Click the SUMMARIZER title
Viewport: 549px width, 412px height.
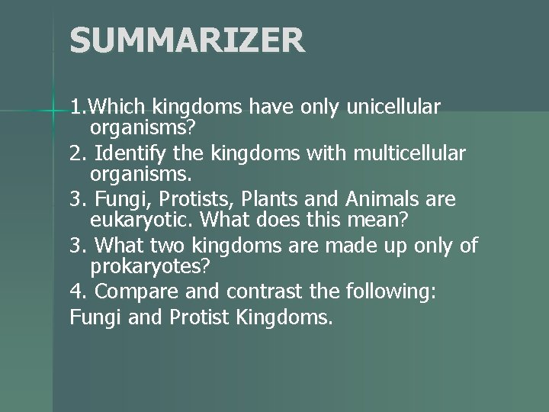pos(187,40)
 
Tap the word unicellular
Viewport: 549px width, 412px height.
pos(393,108)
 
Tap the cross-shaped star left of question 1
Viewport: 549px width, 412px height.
pos(52,112)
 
